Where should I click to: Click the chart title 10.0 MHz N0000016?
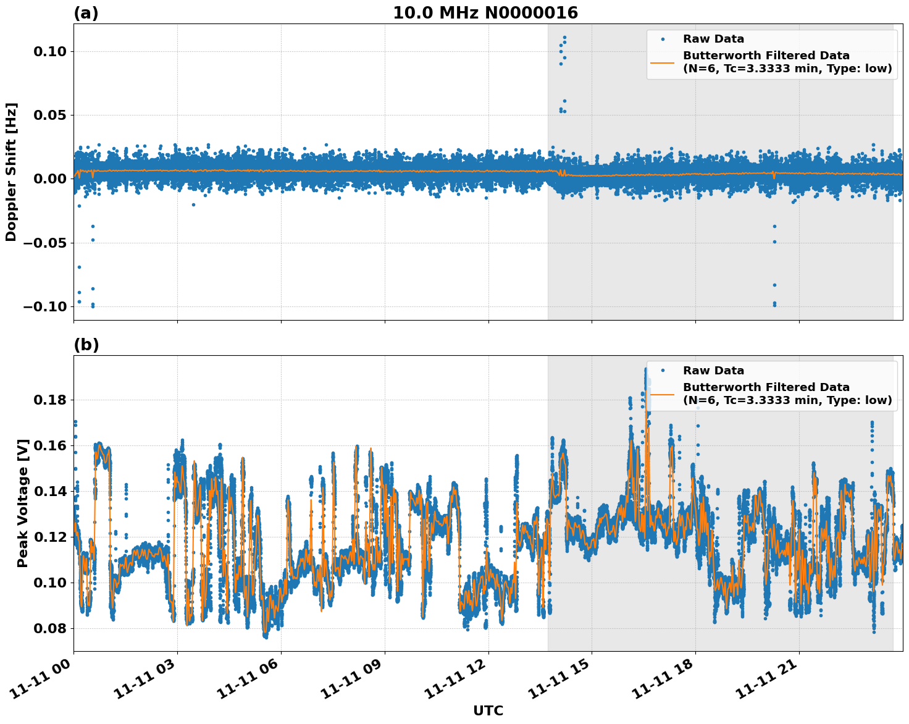click(485, 13)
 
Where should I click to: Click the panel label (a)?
click(86, 13)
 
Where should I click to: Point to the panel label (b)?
click(86, 345)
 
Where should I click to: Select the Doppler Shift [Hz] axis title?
click(11, 172)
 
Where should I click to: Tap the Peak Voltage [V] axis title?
click(23, 503)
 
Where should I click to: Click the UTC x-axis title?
click(488, 710)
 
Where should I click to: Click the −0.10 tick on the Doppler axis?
click(46, 307)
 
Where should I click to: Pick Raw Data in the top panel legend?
click(713, 39)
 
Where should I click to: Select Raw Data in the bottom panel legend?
click(713, 371)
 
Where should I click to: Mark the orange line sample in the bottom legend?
click(663, 394)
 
